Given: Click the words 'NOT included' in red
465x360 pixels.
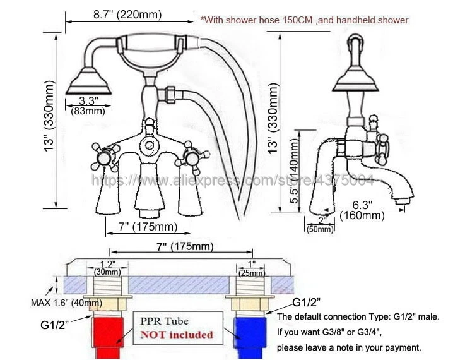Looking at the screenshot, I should pyautogui.click(x=176, y=334).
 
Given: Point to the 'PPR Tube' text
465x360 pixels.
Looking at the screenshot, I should pyautogui.click(x=166, y=321).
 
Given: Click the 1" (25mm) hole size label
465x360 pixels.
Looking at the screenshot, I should pyautogui.click(x=252, y=267).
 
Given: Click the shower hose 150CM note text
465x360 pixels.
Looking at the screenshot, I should pyautogui.click(x=305, y=20).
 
